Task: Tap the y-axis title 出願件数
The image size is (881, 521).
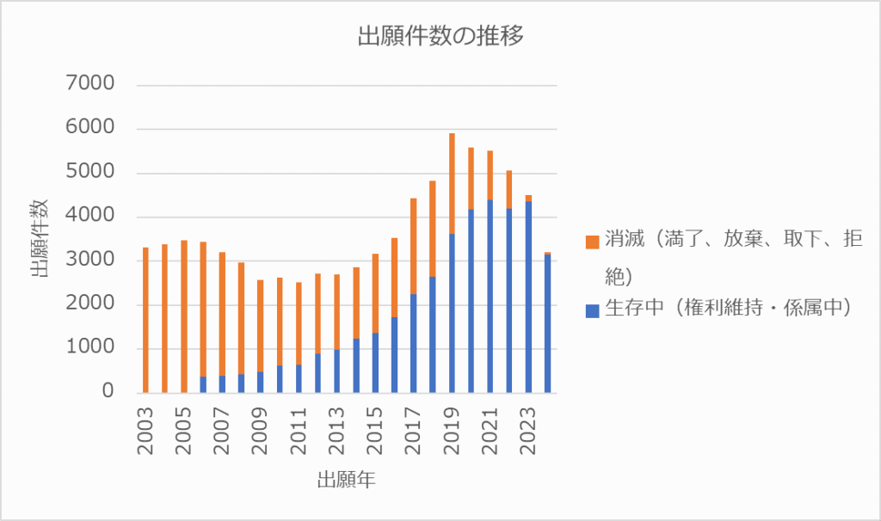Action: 40,238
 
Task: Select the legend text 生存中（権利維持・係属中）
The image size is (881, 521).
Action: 727,309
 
